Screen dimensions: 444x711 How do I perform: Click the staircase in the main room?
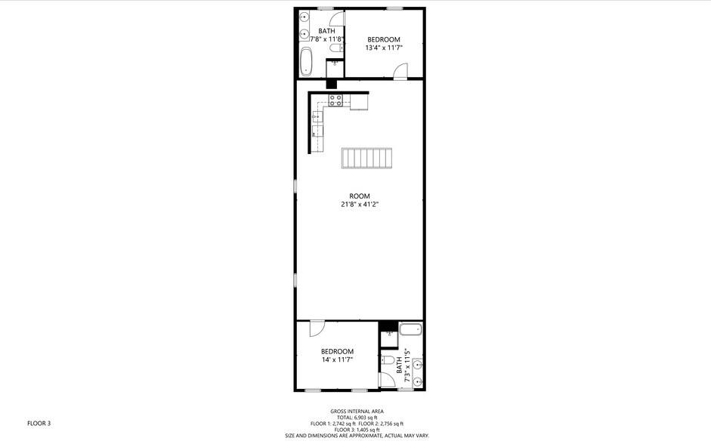tap(367, 159)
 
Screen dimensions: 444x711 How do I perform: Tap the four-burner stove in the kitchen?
tap(336, 100)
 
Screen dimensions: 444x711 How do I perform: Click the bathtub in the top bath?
tap(306, 62)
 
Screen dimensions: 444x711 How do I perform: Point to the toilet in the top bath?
tap(337, 48)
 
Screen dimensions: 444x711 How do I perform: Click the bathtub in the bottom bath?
tap(410, 329)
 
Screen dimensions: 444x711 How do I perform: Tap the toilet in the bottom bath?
tap(387, 360)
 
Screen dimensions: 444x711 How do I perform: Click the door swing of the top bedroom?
tap(400, 71)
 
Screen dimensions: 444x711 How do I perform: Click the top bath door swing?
tap(338, 18)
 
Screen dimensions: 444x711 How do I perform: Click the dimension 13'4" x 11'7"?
tap(384, 48)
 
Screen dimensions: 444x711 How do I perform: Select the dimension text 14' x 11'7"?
tap(337, 359)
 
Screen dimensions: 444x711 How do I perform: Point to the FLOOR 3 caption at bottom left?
tap(39, 424)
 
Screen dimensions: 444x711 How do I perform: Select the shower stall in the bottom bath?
tap(388, 333)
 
